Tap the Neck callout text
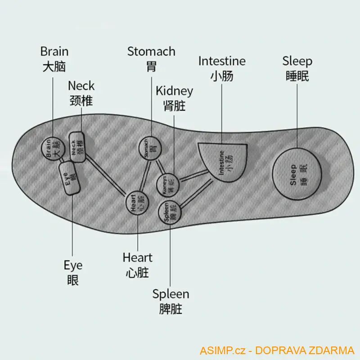pos(81,85)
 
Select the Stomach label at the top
pos(151,51)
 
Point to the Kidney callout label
pos(174,91)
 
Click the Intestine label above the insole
pos(222,61)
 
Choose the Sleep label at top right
pos(297,61)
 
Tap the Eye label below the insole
pos(73,265)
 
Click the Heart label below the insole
pos(137,258)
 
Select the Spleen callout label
pos(171,294)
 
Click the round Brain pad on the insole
pos(51,148)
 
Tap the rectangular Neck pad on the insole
pos(77,146)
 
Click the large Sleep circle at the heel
pos(298,174)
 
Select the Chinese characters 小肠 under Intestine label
pos(222,76)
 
